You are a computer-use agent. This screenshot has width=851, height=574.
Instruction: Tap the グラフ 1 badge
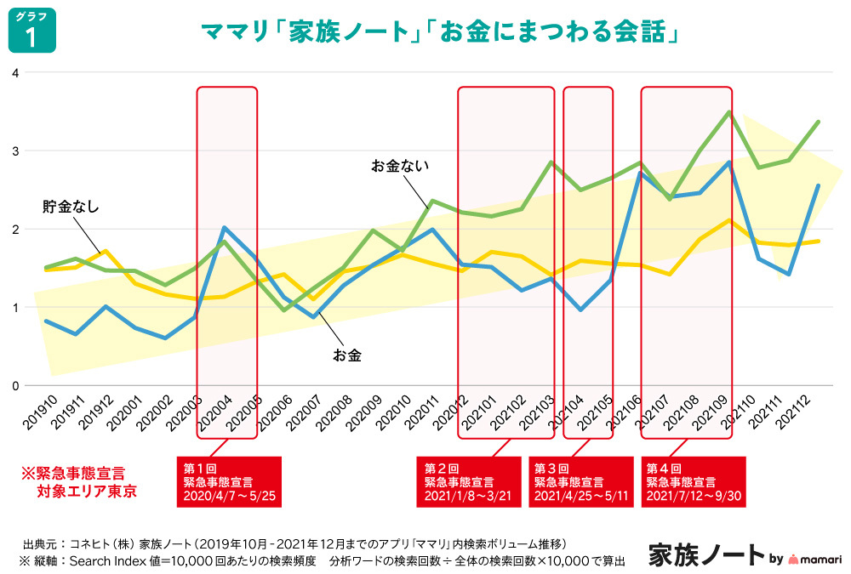coord(32,31)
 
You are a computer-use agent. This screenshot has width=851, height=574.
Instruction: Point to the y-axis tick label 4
coord(14,72)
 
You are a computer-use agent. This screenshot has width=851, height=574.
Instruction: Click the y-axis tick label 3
coord(14,151)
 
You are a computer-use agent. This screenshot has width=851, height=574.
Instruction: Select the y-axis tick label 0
coord(14,385)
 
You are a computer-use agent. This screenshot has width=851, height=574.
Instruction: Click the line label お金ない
coord(396,166)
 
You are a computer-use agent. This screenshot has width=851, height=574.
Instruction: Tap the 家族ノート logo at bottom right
coord(706,554)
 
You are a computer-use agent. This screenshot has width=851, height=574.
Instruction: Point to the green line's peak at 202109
coord(728,111)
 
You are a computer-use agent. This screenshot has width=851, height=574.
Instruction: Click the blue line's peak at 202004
coord(223,227)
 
